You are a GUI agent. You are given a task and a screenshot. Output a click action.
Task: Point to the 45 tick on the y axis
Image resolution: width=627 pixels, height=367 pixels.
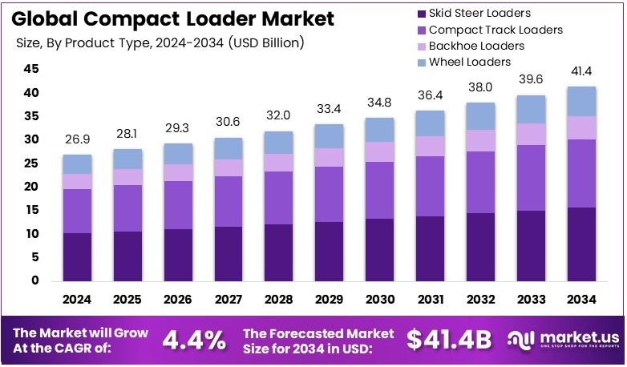point(30,69)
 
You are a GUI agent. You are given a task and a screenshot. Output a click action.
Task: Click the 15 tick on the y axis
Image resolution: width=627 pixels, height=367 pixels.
point(30,210)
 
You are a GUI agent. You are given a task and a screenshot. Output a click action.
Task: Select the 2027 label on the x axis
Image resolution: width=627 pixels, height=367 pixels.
point(228,300)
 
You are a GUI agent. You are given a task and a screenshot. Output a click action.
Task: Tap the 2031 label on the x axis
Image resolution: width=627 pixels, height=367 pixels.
point(430,300)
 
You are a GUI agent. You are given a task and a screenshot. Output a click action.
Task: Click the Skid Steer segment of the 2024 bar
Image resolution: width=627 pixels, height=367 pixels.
point(77,256)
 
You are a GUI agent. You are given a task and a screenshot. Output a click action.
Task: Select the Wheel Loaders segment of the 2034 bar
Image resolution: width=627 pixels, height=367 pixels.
point(582,101)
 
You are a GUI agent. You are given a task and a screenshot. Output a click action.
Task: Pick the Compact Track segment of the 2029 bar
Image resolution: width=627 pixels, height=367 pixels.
point(330,194)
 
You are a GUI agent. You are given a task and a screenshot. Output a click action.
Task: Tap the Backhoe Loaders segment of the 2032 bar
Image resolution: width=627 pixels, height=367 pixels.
point(481,140)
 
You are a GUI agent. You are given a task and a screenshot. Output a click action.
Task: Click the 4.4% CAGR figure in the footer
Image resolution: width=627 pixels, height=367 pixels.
point(194,340)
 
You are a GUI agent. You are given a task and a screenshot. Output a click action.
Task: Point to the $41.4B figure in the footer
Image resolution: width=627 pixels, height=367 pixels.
point(448,340)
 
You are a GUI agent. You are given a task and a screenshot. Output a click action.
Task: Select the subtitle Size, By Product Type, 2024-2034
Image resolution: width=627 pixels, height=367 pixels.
point(160,42)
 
